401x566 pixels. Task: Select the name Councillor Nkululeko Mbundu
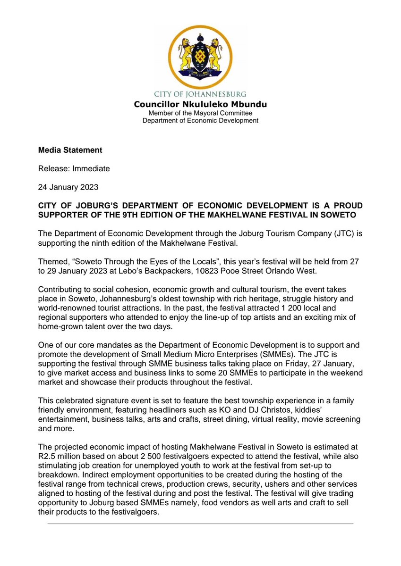point(201,104)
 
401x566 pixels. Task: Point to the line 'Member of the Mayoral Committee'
point(200,113)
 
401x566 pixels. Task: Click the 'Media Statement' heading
point(70,150)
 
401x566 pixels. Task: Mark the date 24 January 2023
point(68,187)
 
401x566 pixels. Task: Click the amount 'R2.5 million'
point(59,457)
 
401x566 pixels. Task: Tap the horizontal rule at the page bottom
point(200,524)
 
